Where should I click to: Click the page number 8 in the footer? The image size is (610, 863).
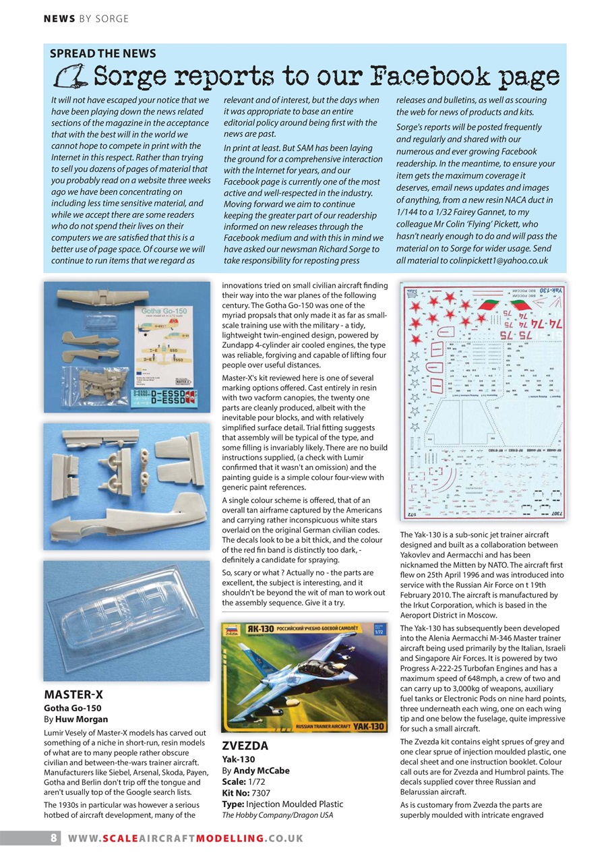[x=53, y=838]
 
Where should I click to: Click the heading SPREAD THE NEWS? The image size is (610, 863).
[x=103, y=54]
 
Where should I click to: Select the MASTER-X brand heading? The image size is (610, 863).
[x=73, y=694]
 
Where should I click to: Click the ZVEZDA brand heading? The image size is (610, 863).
[x=245, y=746]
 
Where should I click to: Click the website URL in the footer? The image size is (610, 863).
[x=185, y=838]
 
